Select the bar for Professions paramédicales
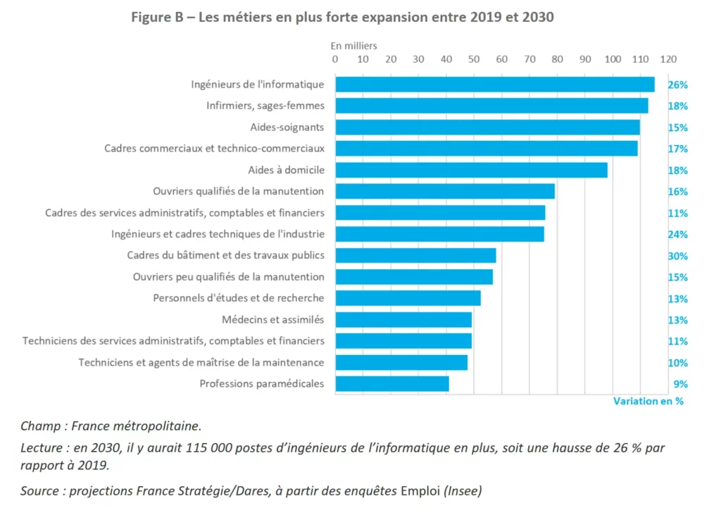391,384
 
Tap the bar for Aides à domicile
471,170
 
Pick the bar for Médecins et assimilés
403,320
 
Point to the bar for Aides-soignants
487,128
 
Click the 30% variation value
677,256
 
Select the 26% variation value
677,85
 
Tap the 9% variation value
680,384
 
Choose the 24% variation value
677,235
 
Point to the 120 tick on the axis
668,59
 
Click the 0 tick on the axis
335,59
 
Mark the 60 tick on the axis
501,59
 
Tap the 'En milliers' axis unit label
354,46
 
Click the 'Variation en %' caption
648,401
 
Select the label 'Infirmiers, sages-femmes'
265,106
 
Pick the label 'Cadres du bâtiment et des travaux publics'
225,256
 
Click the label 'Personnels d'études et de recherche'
238,298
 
